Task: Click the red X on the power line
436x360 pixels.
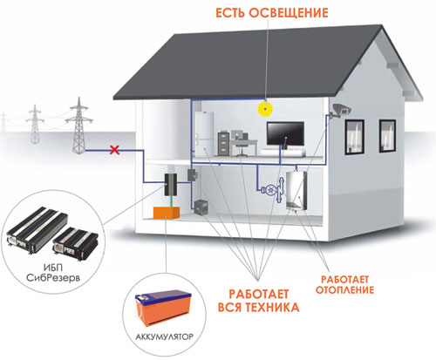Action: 115,150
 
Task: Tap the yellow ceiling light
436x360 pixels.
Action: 265,109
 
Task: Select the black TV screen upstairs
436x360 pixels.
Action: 285,133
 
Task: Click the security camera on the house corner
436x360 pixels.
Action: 341,111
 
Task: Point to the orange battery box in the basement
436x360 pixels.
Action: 167,213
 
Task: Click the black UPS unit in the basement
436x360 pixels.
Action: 171,184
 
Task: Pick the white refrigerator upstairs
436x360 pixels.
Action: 204,134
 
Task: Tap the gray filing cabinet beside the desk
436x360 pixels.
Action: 223,144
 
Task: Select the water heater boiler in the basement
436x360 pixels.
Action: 296,191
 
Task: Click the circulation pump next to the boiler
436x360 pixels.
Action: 273,190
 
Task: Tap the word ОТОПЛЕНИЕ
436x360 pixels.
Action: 344,289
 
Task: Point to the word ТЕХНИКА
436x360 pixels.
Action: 272,307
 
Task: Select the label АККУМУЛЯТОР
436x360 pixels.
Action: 164,337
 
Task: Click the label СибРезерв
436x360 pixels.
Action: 53,278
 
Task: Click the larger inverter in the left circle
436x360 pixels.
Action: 37,230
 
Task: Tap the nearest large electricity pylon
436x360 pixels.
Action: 78,126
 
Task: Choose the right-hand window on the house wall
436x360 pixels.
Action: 387,136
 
